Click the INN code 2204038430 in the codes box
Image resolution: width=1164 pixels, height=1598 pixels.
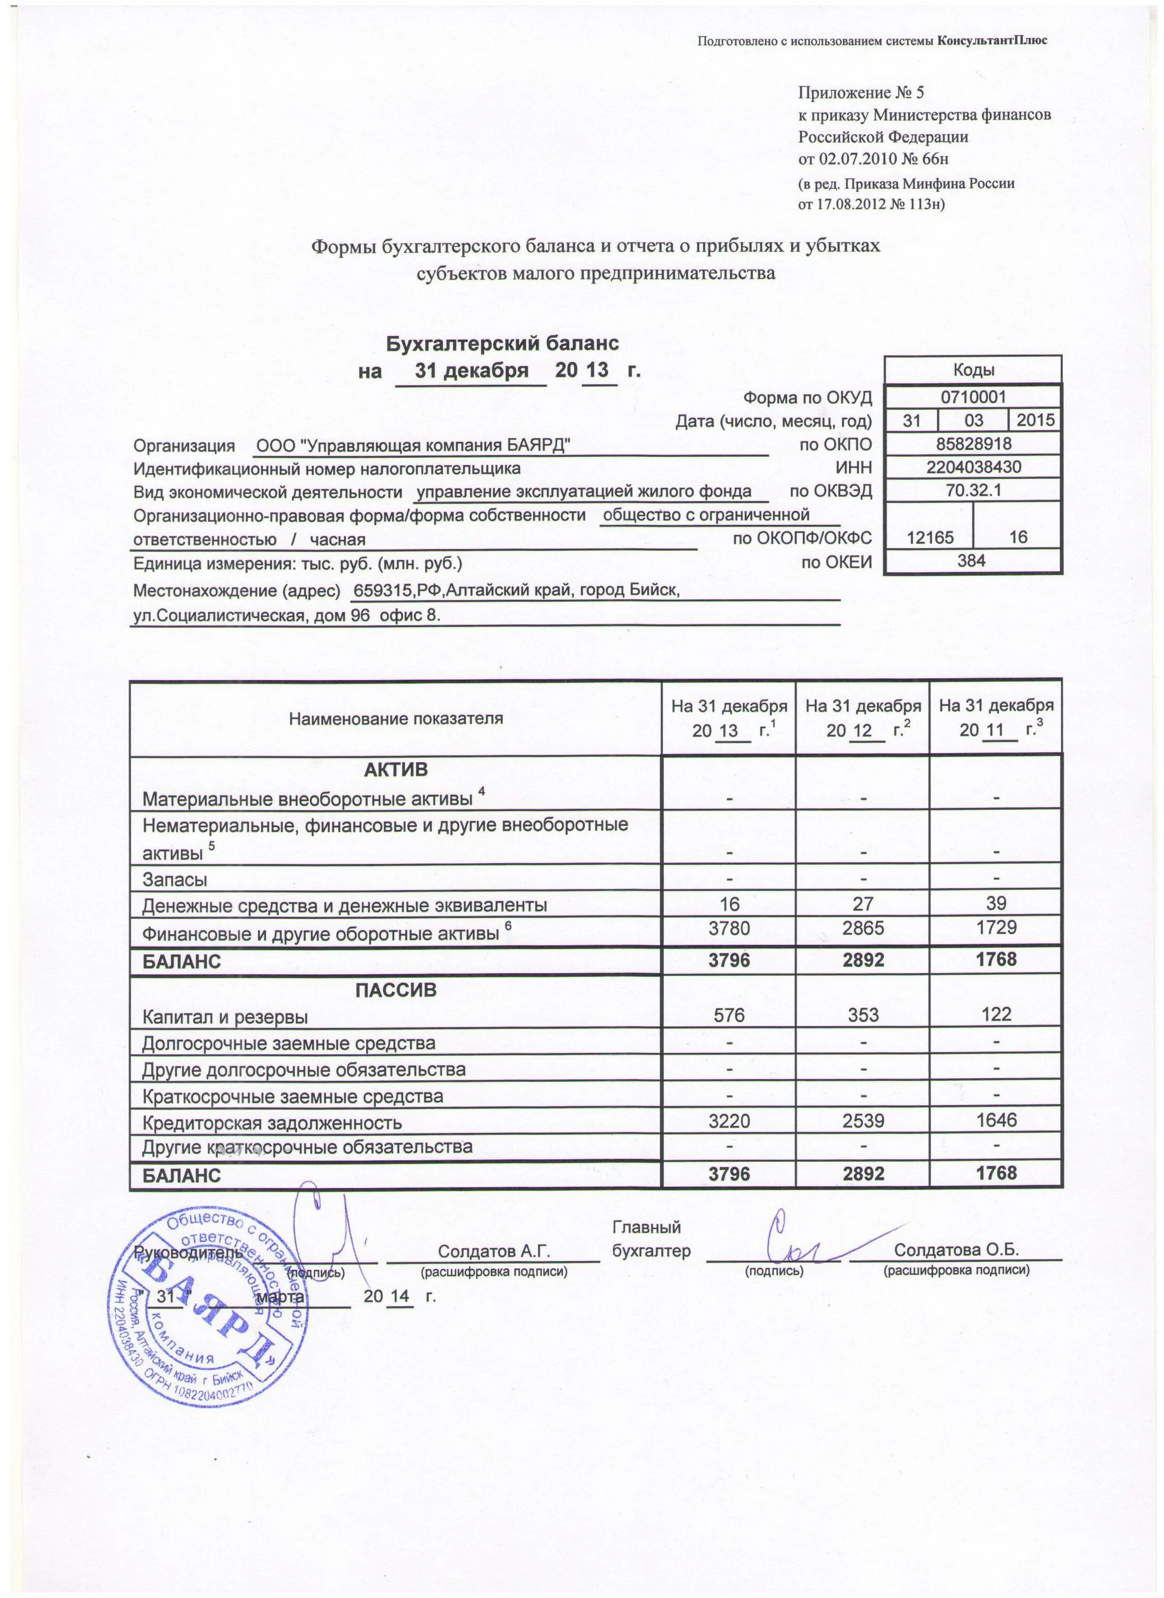(x=973, y=467)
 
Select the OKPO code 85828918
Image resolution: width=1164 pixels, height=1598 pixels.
(x=973, y=444)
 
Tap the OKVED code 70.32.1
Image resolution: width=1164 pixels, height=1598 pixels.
(x=973, y=491)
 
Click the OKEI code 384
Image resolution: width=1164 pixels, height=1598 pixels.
(x=973, y=560)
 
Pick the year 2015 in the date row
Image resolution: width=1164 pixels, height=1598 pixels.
(x=1035, y=421)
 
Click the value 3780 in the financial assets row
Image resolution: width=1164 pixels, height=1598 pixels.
(x=729, y=927)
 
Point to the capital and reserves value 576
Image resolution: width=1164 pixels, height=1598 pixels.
(x=729, y=1015)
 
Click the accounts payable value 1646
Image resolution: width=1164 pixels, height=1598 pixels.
(x=996, y=1120)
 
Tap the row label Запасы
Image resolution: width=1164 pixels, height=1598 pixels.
(x=175, y=879)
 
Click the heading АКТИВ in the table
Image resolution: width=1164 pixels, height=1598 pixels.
(x=395, y=769)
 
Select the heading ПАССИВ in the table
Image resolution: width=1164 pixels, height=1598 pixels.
(x=395, y=990)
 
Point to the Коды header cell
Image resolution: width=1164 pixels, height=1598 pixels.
(x=973, y=370)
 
